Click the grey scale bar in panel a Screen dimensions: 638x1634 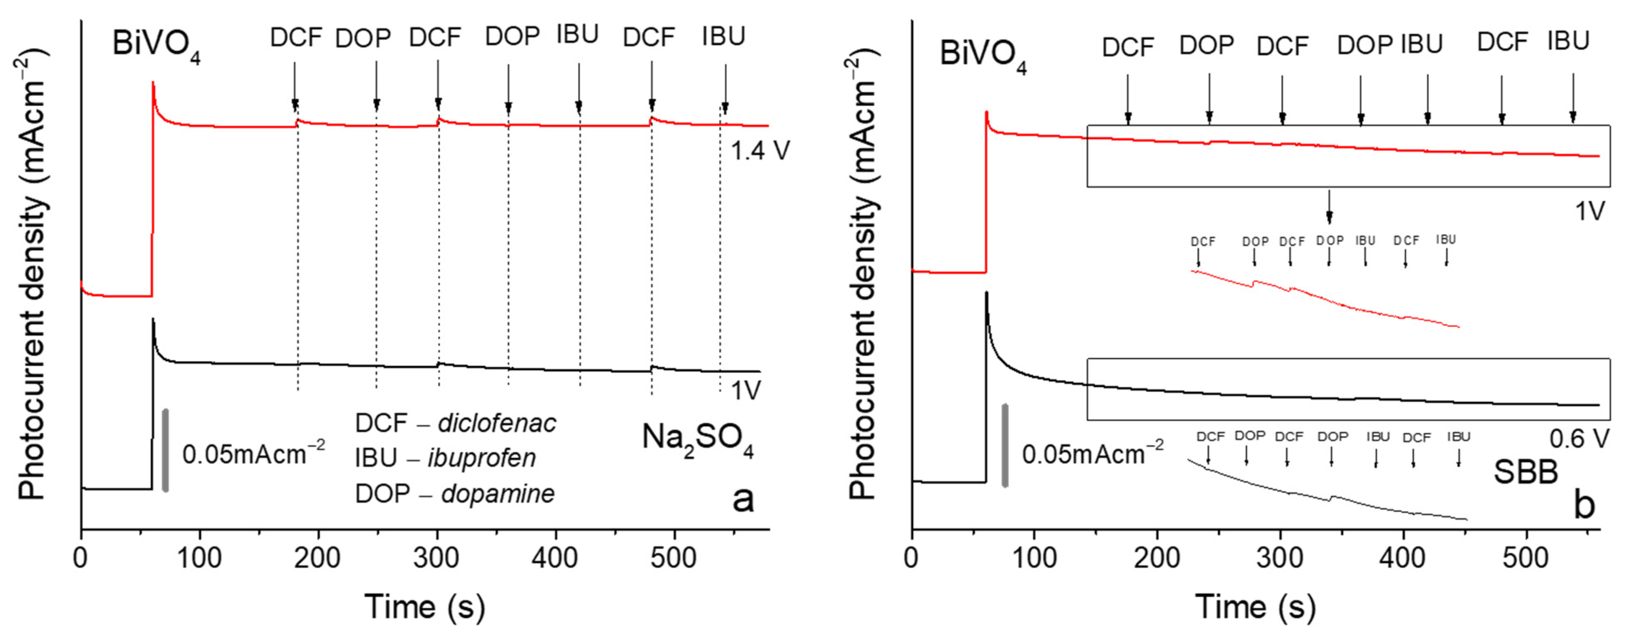click(165, 450)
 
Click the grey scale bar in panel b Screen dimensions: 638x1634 click(1005, 445)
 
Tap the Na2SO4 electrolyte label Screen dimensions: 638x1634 click(698, 439)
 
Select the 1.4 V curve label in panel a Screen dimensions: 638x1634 click(760, 151)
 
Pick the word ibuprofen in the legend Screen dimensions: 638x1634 click(481, 458)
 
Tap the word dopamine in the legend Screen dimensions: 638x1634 click(498, 493)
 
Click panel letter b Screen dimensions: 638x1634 click(1584, 506)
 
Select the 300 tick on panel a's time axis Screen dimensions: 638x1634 click(437, 558)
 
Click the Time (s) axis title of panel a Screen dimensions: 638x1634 click(424, 607)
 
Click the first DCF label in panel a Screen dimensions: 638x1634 click(296, 38)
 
